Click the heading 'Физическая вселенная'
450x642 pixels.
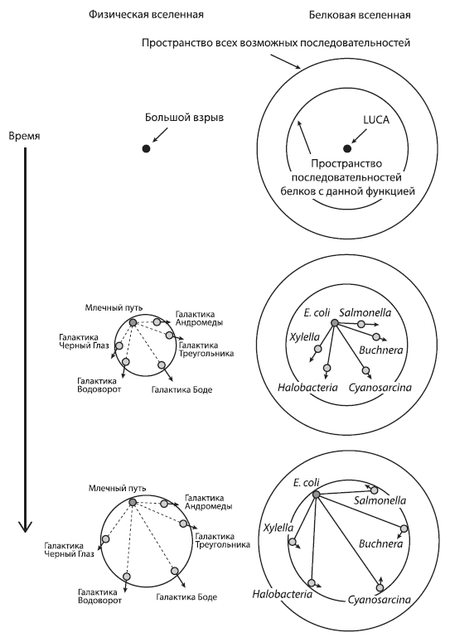tap(146, 15)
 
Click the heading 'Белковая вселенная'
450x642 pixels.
tap(360, 16)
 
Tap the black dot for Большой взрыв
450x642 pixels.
tap(146, 148)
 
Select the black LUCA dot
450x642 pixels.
tap(347, 148)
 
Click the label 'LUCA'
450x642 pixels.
tap(376, 120)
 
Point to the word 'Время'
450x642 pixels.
tap(25, 136)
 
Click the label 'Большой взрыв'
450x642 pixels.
tap(185, 118)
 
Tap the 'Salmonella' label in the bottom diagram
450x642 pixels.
tap(380, 500)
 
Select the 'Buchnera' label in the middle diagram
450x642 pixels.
tap(381, 350)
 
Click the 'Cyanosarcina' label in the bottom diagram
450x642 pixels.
tap(380, 600)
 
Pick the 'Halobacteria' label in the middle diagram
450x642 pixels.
tap(307, 388)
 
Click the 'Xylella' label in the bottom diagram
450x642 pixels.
tap(278, 528)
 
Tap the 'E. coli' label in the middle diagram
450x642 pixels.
tap(317, 313)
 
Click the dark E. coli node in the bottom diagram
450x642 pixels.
tap(316, 495)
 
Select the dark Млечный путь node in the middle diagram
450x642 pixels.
tap(133, 322)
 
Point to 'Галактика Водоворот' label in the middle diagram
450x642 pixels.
tap(99, 385)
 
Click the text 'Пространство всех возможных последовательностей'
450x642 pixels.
tap(276, 43)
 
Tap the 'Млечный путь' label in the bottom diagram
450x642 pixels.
tap(117, 488)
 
